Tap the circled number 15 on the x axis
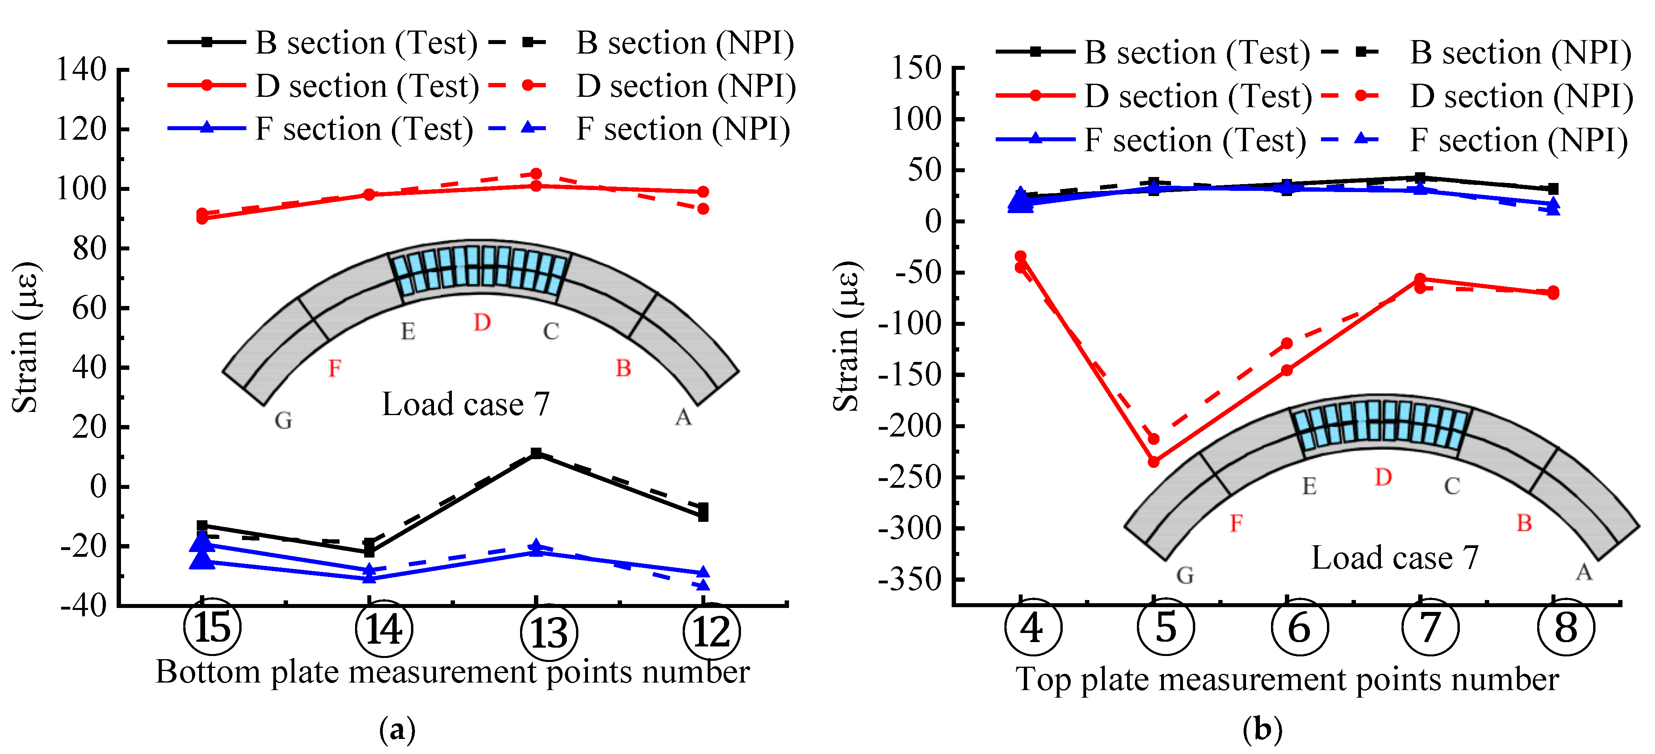[x=212, y=627]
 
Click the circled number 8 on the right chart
[x=1566, y=627]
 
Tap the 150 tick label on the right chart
[x=916, y=68]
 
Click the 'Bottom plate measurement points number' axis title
[x=452, y=672]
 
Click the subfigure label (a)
[x=398, y=729]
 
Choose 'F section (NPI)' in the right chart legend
[x=1519, y=141]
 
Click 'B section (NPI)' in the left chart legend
[x=685, y=43]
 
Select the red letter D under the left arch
[x=482, y=323]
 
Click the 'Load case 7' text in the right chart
[x=1394, y=558]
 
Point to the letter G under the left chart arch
[x=283, y=420]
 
